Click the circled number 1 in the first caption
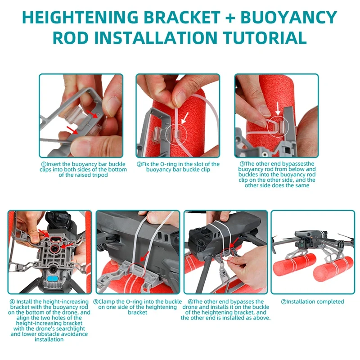pyautogui.click(x=44, y=164)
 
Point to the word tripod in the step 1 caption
pyautogui.click(x=114, y=175)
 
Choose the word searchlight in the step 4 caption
pyautogui.click(x=64, y=328)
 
